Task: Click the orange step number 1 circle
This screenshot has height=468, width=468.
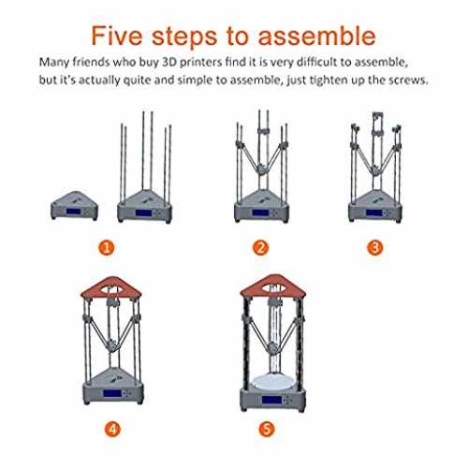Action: (107, 248)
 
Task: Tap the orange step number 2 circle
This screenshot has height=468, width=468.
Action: (260, 248)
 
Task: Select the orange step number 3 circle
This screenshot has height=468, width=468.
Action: (375, 248)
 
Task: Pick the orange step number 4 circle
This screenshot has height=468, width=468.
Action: (112, 430)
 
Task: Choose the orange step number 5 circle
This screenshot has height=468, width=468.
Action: (267, 430)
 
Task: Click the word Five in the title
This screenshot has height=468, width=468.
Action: (117, 36)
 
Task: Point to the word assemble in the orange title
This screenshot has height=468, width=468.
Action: (316, 36)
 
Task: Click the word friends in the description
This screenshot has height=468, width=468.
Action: (91, 62)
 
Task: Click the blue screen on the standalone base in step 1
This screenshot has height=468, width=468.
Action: (73, 212)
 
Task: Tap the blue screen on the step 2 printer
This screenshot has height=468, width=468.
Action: (260, 212)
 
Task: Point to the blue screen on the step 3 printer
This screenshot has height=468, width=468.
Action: (374, 212)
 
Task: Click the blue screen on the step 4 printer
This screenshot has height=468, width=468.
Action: (112, 393)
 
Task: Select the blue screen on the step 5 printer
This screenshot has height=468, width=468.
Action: (271, 400)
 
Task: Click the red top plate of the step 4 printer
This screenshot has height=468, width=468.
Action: (111, 287)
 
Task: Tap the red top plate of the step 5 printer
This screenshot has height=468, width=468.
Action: (273, 285)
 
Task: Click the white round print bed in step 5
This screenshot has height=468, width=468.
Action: (272, 383)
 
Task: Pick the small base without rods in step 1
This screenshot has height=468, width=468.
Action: (74, 206)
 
